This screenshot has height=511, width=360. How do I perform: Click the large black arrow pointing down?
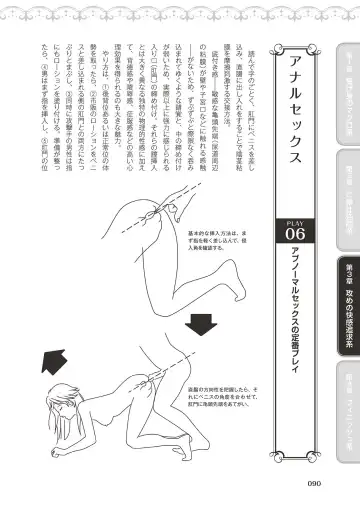click(229, 327)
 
